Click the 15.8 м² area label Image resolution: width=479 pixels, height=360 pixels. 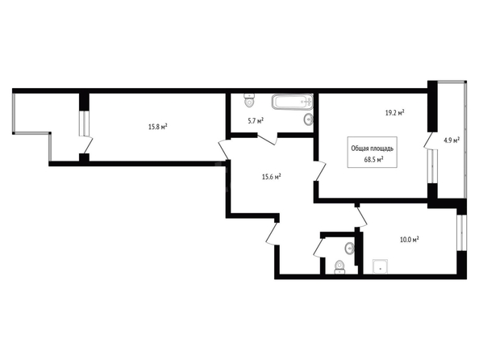coord(157,127)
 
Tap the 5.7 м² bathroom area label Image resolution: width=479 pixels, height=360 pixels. coord(256,121)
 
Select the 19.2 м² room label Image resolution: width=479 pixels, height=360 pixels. coord(394,113)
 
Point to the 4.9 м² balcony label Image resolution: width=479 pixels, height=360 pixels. coord(452,140)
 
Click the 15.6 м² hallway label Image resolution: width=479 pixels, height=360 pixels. coord(272,177)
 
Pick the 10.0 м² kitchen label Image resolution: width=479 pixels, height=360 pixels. coord(410,239)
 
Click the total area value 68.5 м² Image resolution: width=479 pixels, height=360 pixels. coord(374,159)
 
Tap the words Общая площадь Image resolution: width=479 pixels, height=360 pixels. coord(373,149)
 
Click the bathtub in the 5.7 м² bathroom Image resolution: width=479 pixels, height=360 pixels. coord(292,102)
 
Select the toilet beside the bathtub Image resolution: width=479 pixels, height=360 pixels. coord(250,100)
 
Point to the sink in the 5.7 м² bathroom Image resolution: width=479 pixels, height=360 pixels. coord(308,119)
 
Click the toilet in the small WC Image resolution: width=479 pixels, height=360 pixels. coord(339,267)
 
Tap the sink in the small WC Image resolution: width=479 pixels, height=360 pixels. coord(349,248)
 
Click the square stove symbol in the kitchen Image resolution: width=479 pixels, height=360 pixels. coord(381,266)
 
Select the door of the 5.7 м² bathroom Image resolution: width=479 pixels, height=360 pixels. coord(268,139)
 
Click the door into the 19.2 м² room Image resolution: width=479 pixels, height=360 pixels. coord(320,170)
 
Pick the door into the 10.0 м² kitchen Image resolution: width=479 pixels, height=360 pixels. coord(362,216)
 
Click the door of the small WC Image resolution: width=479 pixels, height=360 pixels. coord(319,248)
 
